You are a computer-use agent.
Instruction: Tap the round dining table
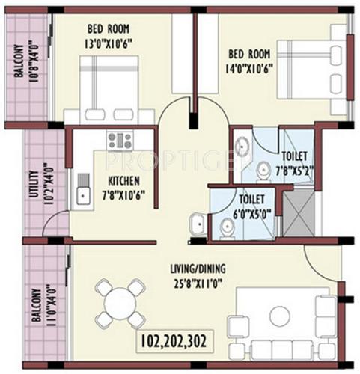pyautogui.click(x=120, y=302)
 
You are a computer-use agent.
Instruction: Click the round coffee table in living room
pyautogui.click(x=279, y=313)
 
